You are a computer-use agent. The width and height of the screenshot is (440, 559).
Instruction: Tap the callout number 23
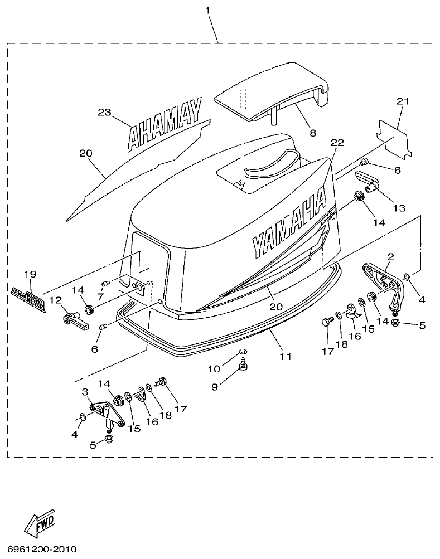pyautogui.click(x=105, y=111)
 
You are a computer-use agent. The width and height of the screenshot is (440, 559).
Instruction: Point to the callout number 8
pyautogui.click(x=312, y=133)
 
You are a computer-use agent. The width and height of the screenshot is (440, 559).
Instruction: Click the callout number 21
pyautogui.click(x=403, y=101)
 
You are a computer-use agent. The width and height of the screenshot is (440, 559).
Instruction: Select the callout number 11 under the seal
pyautogui.click(x=285, y=356)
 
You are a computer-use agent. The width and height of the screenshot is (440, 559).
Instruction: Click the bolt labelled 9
pyautogui.click(x=243, y=365)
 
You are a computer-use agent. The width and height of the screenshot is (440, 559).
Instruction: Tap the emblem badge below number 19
pyautogui.click(x=27, y=291)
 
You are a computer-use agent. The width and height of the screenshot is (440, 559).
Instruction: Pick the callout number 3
pyautogui.click(x=86, y=392)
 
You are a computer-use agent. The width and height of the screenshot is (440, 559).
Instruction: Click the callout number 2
pyautogui.click(x=390, y=257)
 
